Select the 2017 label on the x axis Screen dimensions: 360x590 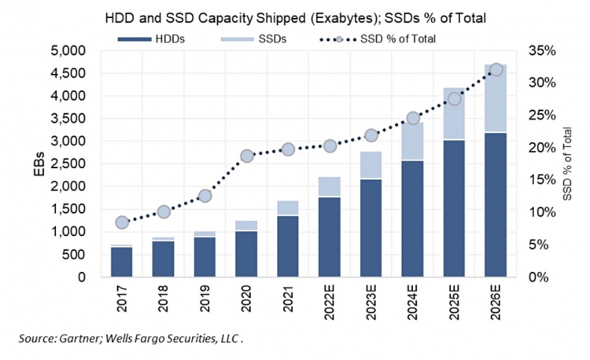pyautogui.click(x=122, y=303)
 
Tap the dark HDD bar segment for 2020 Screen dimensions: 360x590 pyautogui.click(x=246, y=253)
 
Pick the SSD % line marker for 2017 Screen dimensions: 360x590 pyautogui.click(x=122, y=222)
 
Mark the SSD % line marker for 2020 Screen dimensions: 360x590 pyautogui.click(x=246, y=156)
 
